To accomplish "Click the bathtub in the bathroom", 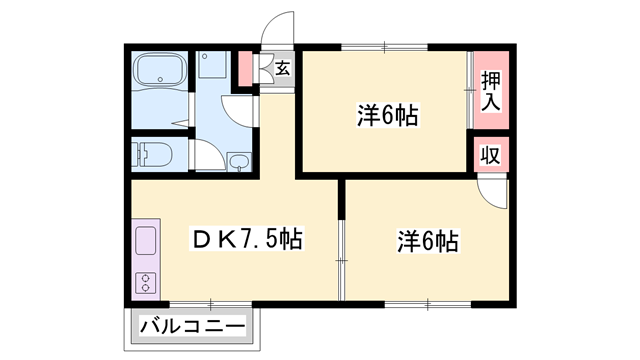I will point(161,72).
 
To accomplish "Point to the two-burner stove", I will point(143,280).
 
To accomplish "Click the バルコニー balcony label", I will point(191,325).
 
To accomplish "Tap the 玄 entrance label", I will point(282,69).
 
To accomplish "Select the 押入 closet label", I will point(490,92).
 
